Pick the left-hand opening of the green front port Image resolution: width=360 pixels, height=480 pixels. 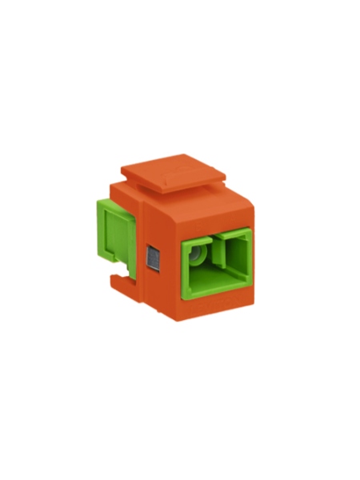(197, 258)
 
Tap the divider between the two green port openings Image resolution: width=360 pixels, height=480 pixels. (215, 258)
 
